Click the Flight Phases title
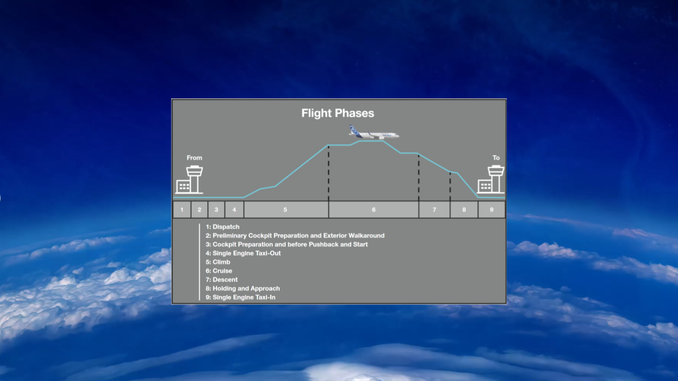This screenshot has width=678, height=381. (x=337, y=113)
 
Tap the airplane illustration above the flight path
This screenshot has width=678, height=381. (x=374, y=132)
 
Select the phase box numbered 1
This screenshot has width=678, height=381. (x=182, y=210)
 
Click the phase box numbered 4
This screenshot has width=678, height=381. (x=234, y=210)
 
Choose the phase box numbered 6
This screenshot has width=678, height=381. (x=373, y=210)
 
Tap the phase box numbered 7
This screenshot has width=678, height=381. (x=434, y=210)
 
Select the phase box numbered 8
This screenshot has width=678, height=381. (x=464, y=210)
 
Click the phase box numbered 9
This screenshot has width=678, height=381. (x=492, y=210)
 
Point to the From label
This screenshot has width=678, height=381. (x=194, y=158)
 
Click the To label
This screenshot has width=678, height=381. (x=496, y=158)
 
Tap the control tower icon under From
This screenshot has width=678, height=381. (x=190, y=179)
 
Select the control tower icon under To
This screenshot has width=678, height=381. (x=490, y=179)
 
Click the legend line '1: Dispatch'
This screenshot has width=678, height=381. (x=222, y=227)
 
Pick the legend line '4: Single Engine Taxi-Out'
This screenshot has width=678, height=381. (x=243, y=253)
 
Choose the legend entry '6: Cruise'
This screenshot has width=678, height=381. (x=219, y=271)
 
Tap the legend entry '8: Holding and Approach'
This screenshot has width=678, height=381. (x=243, y=288)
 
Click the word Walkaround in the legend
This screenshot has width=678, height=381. (x=367, y=235)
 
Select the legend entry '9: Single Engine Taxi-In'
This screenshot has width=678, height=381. (x=240, y=297)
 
